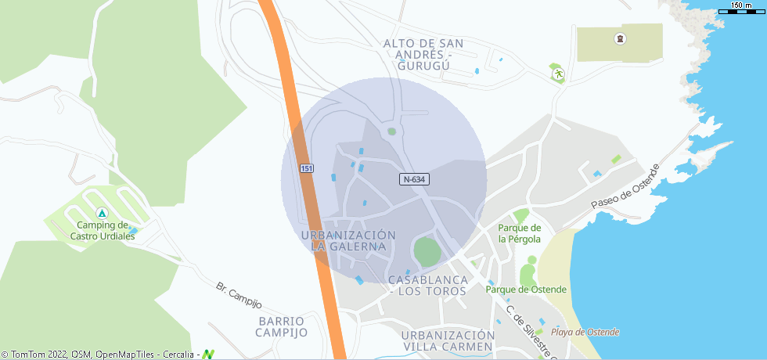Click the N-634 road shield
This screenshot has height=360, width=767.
[415, 179]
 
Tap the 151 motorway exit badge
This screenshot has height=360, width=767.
[307, 169]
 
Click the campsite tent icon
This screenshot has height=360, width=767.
[101, 214]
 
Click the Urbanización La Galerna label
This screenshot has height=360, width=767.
[348, 240]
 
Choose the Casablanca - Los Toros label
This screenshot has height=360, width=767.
[428, 286]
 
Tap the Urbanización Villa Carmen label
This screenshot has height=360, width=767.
[447, 340]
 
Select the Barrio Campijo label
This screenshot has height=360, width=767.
[281, 326]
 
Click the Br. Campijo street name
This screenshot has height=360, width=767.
[238, 294]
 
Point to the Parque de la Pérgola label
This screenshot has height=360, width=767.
[520, 233]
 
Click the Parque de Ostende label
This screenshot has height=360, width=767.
[520, 289]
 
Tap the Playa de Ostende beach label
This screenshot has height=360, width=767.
[585, 332]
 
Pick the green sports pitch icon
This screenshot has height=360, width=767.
[558, 74]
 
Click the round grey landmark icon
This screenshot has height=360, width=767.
[621, 38]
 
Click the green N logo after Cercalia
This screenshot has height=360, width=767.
[208, 355]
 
